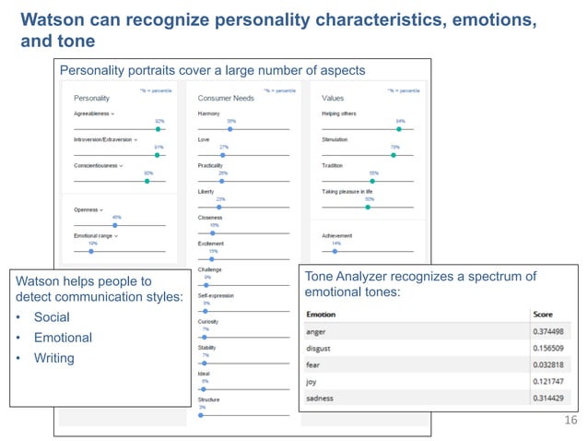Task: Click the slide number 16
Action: tap(568, 421)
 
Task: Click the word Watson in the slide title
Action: tap(53, 19)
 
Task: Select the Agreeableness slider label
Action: tap(93, 113)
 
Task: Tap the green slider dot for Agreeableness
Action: tap(159, 129)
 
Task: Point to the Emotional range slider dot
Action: tap(90, 251)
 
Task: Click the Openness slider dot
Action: tap(115, 225)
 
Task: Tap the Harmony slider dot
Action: tap(230, 129)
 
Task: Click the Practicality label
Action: tap(211, 165)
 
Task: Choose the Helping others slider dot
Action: tap(399, 129)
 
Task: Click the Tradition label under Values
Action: tap(332, 165)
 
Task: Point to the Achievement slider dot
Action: tap(335, 251)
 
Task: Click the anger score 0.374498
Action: tap(549, 331)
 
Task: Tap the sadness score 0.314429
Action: tap(549, 398)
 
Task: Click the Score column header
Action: tap(542, 314)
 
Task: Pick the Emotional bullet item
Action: tap(63, 338)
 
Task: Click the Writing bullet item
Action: tap(53, 358)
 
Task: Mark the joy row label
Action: tap(312, 381)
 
